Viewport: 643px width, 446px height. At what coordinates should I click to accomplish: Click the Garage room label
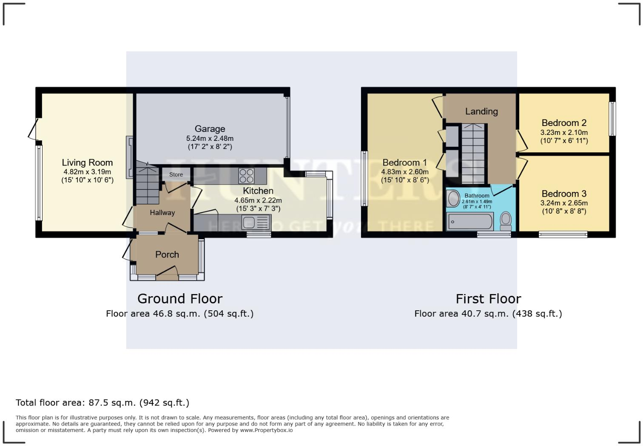pyautogui.click(x=210, y=129)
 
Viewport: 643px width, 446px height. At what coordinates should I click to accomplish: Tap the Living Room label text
pyautogui.click(x=87, y=163)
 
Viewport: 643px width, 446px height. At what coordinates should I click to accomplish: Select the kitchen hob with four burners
pyautogui.click(x=246, y=174)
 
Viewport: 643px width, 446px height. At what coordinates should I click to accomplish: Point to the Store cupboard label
pyautogui.click(x=176, y=174)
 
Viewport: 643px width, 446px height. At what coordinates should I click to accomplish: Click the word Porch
pyautogui.click(x=167, y=254)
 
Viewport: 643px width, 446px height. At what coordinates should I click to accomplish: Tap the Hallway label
pyautogui.click(x=162, y=213)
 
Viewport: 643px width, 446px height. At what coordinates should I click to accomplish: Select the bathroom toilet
pyautogui.click(x=506, y=221)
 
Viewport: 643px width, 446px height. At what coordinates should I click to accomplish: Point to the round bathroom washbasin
pyautogui.click(x=453, y=199)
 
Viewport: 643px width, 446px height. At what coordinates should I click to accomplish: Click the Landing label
pyautogui.click(x=481, y=111)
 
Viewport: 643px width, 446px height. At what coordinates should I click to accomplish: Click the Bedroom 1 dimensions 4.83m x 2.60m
pyautogui.click(x=404, y=172)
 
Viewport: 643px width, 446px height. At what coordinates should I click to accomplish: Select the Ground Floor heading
pyautogui.click(x=179, y=299)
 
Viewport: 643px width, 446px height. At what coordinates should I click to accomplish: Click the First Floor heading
pyautogui.click(x=488, y=299)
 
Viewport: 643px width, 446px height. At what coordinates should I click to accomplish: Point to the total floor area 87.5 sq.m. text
pyautogui.click(x=102, y=403)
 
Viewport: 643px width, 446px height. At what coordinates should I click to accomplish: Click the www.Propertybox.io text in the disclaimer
pyautogui.click(x=266, y=430)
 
